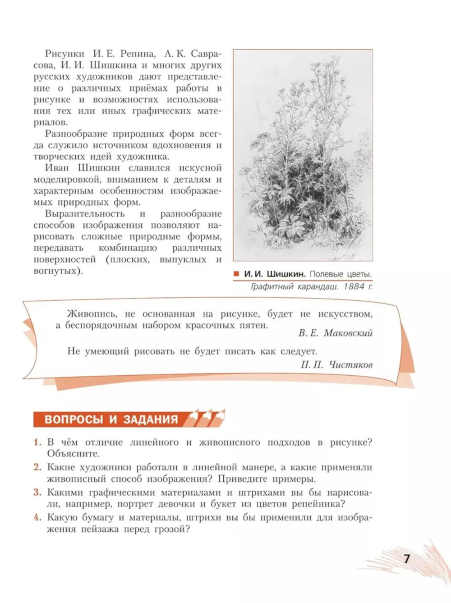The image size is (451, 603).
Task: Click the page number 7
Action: click(407, 559)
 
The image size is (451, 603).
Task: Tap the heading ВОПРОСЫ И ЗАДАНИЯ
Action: click(111, 419)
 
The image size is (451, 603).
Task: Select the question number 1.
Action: click(37, 442)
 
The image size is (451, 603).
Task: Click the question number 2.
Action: click(37, 467)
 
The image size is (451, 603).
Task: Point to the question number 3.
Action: click(37, 493)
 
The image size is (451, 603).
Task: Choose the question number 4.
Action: click(37, 517)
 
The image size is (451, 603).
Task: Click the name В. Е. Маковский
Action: click(335, 333)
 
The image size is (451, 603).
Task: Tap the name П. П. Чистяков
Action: click(336, 364)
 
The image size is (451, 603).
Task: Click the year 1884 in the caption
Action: click(354, 286)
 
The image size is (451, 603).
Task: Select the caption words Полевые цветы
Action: click(341, 274)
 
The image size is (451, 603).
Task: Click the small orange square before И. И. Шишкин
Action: click(236, 274)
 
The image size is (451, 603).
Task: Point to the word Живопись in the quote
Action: click(92, 314)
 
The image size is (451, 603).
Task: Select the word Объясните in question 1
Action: click(73, 454)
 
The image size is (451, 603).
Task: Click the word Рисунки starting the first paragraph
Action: click(64, 54)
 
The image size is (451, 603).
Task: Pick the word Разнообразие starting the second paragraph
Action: click(75, 134)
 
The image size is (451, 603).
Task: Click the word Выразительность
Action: click(85, 214)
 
